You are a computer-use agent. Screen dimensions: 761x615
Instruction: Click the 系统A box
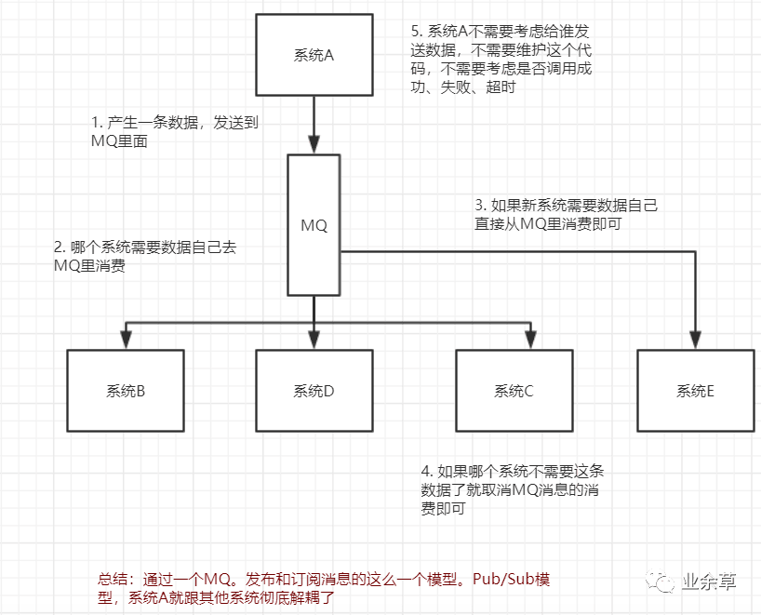pos(314,55)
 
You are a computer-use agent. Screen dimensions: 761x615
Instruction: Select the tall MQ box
pos(314,225)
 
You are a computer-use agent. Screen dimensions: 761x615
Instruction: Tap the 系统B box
pos(126,391)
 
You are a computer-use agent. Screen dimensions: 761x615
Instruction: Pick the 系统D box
pos(314,391)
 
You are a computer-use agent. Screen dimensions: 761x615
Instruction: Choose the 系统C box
pos(514,391)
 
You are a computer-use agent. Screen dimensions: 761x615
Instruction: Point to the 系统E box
pos(696,391)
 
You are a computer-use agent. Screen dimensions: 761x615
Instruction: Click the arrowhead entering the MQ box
pos(314,144)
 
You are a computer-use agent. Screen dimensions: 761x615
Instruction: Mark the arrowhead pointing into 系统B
pos(127,340)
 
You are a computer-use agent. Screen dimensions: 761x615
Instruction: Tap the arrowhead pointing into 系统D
pos(314,340)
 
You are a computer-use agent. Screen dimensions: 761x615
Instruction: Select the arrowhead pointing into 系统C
pos(530,340)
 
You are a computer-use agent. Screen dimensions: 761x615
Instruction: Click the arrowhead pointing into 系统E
pos(696,340)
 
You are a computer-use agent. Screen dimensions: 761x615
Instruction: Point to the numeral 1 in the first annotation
pos(95,123)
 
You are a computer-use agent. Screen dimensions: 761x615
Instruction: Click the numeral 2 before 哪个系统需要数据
pos(59,247)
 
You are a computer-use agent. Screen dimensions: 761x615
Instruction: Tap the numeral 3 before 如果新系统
pos(479,205)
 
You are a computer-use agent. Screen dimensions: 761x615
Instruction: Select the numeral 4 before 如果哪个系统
pos(426,472)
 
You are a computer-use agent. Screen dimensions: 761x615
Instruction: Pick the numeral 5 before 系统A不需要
pos(415,31)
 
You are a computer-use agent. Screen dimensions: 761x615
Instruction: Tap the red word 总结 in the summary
pos(113,579)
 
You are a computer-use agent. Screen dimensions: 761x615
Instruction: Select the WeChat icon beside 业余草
pos(661,582)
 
